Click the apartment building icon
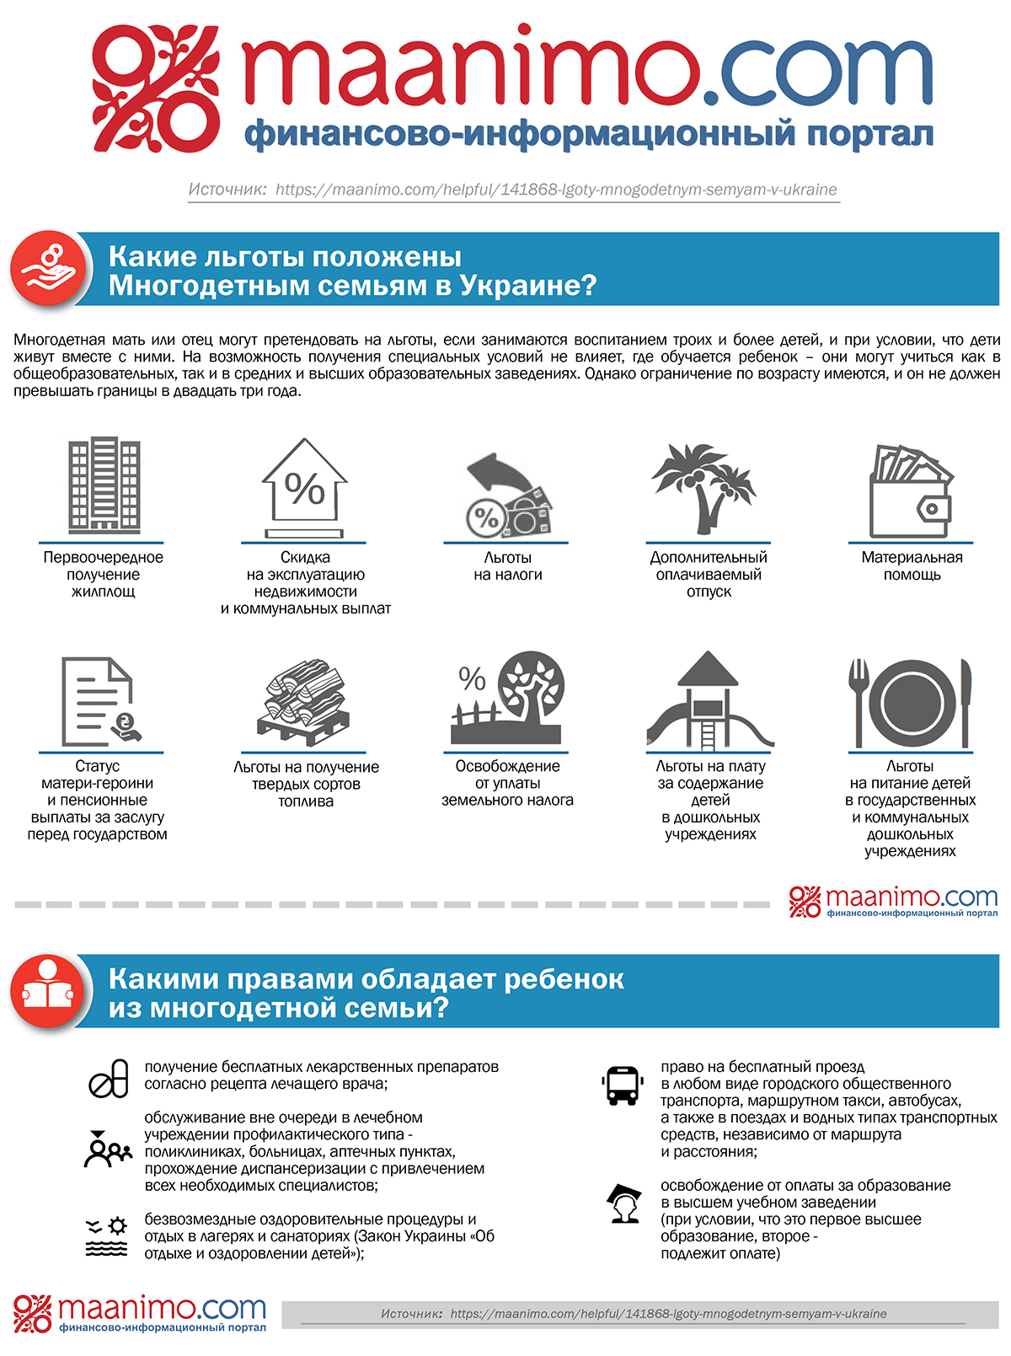click(103, 485)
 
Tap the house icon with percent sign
click(304, 487)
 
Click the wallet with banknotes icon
click(912, 491)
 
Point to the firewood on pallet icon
click(304, 702)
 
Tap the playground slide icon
click(709, 701)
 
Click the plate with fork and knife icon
click(910, 703)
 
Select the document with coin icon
click(99, 701)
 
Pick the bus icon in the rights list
click(623, 1085)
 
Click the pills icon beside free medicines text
click(109, 1078)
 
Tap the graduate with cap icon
click(624, 1203)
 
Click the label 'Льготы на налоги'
click(507, 566)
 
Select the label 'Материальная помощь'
click(912, 566)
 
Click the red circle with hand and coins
click(49, 270)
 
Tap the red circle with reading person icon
click(48, 992)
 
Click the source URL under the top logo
click(556, 190)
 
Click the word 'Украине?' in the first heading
click(528, 286)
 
